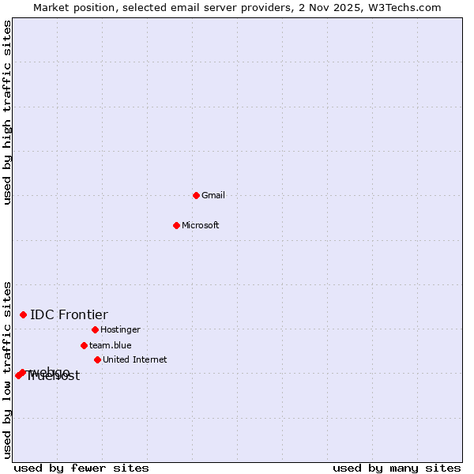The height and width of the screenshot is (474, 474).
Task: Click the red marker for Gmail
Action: coord(196,195)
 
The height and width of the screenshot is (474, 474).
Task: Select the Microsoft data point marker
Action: coord(177,225)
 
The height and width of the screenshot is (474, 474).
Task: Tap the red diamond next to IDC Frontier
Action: coord(23,314)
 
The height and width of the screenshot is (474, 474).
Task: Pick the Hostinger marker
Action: coord(95,329)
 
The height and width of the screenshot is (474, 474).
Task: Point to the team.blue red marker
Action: coord(84,345)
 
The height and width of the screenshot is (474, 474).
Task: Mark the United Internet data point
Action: coord(97,359)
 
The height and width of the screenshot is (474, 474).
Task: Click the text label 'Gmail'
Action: coord(213,195)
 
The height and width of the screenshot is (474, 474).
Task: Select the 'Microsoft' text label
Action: coord(201,225)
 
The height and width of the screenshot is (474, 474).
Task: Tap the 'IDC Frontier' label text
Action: coord(69,315)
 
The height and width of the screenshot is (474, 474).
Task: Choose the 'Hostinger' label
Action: coord(120,329)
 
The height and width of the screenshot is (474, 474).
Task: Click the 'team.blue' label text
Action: coord(111,345)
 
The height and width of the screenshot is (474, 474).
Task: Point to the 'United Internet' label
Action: coord(135,359)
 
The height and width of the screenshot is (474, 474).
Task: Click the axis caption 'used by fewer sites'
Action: coord(81,468)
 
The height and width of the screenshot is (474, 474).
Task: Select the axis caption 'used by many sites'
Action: coord(397,468)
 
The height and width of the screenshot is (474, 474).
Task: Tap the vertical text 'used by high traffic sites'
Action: coord(7,112)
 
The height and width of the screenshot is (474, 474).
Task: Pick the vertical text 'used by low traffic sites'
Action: coord(7,369)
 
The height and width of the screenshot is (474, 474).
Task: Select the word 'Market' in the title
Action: coord(51,7)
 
